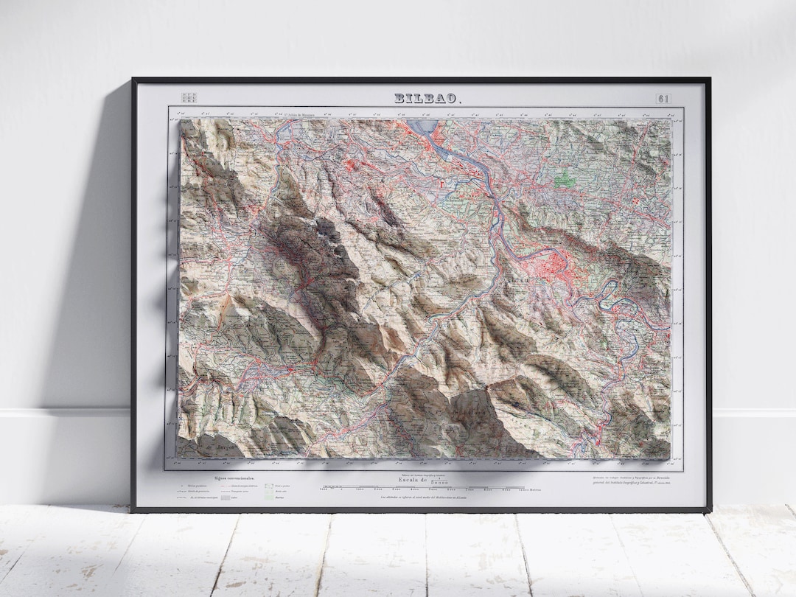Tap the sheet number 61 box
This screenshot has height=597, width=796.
pyautogui.click(x=663, y=98)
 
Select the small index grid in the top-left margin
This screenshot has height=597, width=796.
pyautogui.click(x=189, y=97)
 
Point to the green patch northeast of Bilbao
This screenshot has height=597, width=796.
pyautogui.click(x=565, y=178)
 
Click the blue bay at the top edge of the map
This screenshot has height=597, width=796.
pyautogui.click(x=425, y=127)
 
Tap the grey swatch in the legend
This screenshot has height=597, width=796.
pyautogui.click(x=226, y=497)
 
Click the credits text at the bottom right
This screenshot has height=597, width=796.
pyautogui.click(x=634, y=482)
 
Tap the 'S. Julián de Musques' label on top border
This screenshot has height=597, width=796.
pyautogui.click(x=302, y=114)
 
